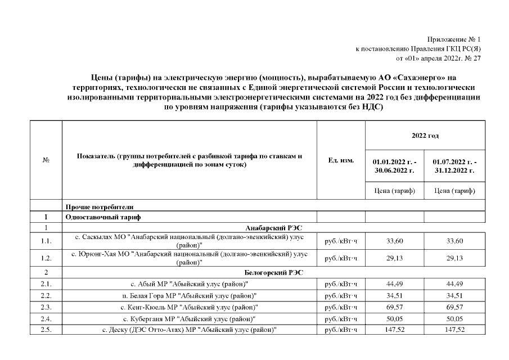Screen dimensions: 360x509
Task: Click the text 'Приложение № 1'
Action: tap(454, 39)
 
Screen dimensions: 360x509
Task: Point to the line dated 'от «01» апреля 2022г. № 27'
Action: tap(439, 58)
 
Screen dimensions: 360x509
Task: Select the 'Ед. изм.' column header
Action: tap(341, 160)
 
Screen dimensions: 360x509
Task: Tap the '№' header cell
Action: tap(46, 160)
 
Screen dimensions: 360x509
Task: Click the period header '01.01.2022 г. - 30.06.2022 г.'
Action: tap(394, 165)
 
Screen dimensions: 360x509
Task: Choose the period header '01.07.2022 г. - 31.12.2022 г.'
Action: tap(454, 165)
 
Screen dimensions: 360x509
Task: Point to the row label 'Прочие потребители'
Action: tap(99, 206)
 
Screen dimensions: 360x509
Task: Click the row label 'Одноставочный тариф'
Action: tap(101, 217)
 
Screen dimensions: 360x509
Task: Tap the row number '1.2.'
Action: tap(46, 258)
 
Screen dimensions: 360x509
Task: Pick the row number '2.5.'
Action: tap(46, 329)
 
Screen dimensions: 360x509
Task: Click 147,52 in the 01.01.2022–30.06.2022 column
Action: tap(394, 329)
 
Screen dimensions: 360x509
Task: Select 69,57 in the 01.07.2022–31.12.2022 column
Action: tap(454, 307)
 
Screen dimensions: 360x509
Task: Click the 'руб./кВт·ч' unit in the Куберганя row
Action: tap(341, 318)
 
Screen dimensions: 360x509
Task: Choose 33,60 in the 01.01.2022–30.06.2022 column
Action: tap(394, 241)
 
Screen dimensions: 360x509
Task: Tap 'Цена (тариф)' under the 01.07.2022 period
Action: tap(454, 191)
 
